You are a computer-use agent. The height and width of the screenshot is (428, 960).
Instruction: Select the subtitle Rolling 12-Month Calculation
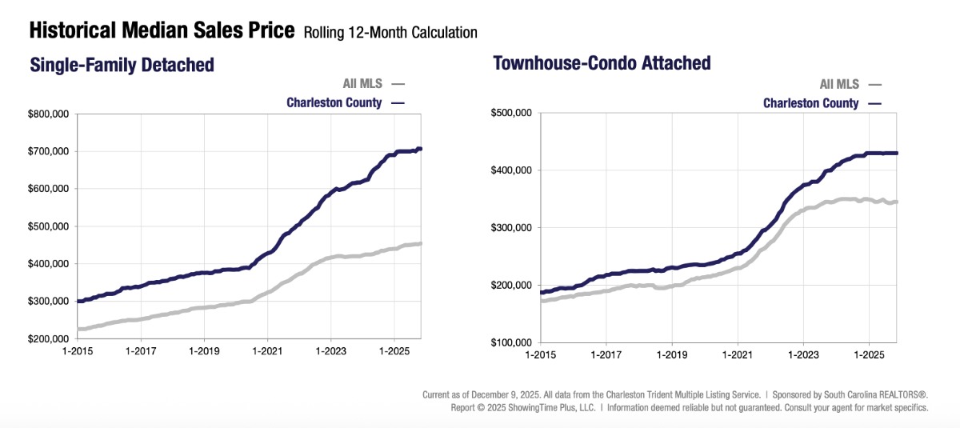click(390, 33)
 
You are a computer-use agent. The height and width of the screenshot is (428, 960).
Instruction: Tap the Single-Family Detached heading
click(122, 65)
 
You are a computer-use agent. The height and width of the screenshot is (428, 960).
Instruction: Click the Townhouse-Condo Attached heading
click(602, 62)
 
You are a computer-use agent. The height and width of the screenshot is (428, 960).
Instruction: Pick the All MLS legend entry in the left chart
click(362, 83)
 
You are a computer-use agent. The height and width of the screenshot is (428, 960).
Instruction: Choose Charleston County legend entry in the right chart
click(810, 103)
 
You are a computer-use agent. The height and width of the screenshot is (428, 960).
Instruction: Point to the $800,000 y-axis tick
click(49, 114)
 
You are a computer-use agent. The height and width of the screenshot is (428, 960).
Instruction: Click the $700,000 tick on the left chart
click(49, 152)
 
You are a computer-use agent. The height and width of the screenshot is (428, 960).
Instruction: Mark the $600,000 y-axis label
click(49, 189)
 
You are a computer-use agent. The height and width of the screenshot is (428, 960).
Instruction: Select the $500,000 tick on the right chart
click(512, 114)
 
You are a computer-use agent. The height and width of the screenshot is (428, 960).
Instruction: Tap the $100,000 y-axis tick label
click(512, 342)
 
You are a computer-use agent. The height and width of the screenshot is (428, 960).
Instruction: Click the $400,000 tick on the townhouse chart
click(512, 170)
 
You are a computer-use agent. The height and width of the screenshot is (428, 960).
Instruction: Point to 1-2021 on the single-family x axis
click(266, 351)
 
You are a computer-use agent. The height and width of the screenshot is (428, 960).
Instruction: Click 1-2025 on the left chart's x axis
click(393, 351)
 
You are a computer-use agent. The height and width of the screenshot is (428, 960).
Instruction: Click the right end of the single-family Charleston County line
click(421, 149)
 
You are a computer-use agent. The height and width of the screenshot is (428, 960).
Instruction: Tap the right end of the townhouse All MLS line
click(896, 202)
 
